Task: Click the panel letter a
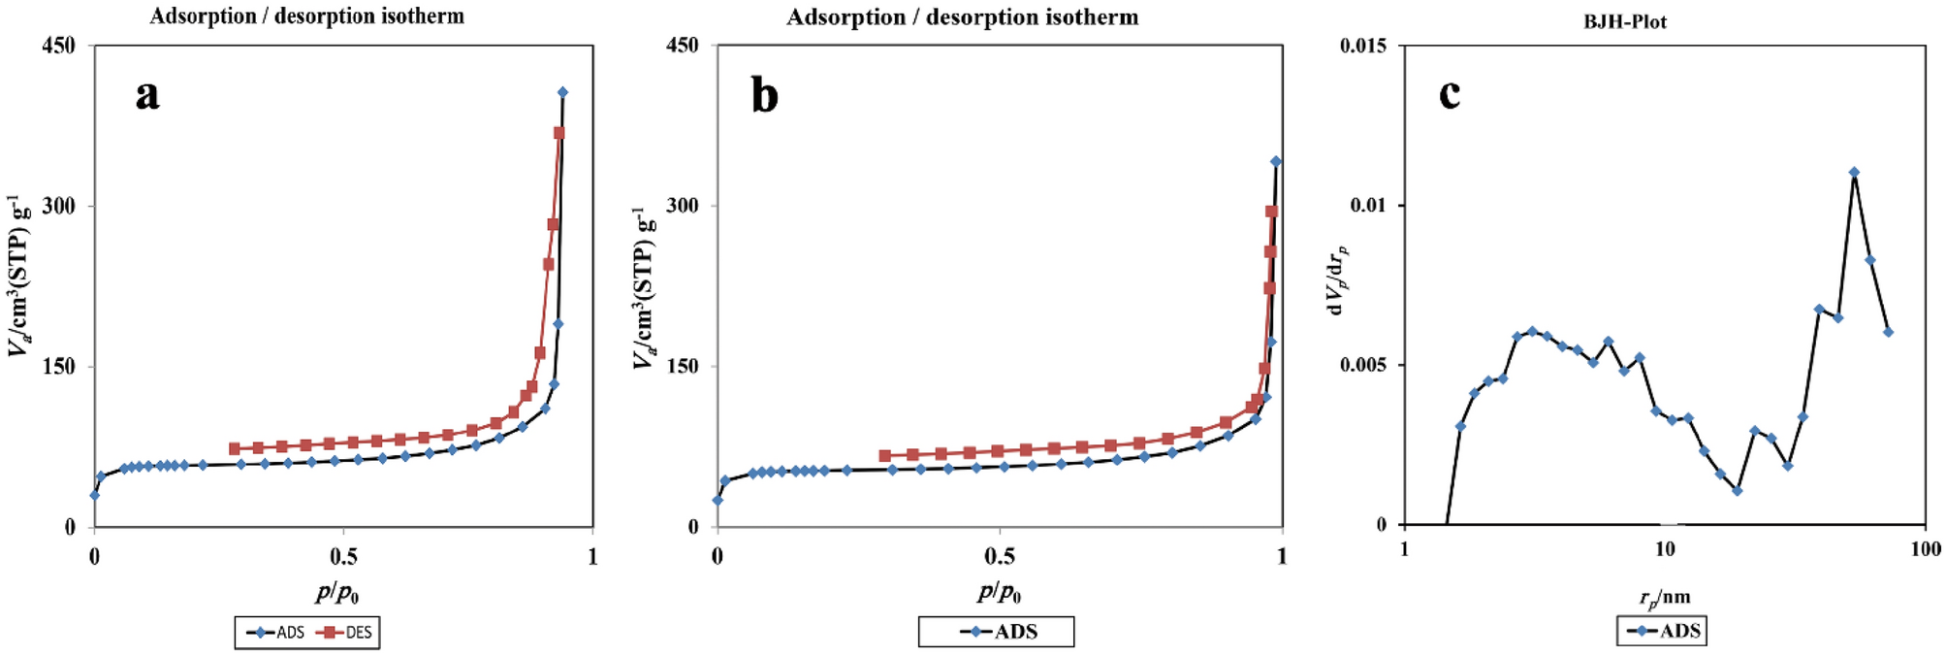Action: tap(147, 95)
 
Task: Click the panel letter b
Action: tap(765, 96)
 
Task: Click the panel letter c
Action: tap(1450, 94)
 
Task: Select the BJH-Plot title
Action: tap(1625, 21)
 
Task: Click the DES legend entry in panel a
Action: tap(347, 633)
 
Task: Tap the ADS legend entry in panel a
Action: tap(277, 633)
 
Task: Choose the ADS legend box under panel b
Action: tap(996, 632)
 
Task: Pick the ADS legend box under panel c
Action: tap(1661, 631)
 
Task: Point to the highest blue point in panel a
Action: tap(562, 92)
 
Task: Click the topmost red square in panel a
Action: tap(559, 133)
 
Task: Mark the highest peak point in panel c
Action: tap(1854, 173)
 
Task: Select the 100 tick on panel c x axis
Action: tap(1926, 550)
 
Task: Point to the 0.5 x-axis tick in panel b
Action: tap(1000, 556)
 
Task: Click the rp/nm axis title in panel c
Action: tap(1664, 598)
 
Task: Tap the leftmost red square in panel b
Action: tap(884, 456)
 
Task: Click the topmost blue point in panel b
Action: tap(1276, 161)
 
